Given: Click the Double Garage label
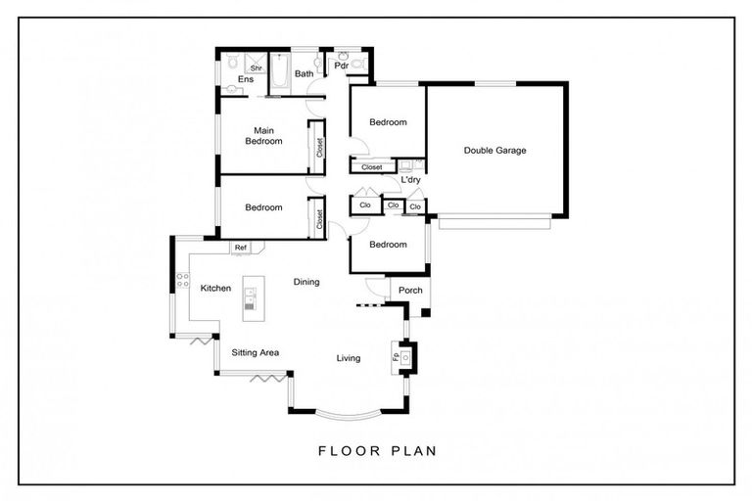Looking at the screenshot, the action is pos(494,151).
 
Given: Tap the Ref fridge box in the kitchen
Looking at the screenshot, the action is pos(241,248).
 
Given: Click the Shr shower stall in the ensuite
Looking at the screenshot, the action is pos(257,64).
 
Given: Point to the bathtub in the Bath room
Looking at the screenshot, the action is pos(280,73).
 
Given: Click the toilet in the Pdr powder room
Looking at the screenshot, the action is pos(357,63).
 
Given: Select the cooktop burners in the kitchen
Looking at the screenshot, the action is pos(182,280).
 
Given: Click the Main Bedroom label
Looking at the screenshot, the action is pos(263,136).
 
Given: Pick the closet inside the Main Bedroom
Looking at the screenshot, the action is pos(317,147).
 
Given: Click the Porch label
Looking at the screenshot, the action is pos(410,290).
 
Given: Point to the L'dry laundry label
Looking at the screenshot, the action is pos(410,180).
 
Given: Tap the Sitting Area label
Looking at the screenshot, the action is pos(256,352).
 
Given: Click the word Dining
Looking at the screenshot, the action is pos(306,282).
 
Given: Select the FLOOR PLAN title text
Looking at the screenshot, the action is pos(378,451).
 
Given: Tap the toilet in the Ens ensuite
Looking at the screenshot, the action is pos(232,62).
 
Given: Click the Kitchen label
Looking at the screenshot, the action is pos(215,288).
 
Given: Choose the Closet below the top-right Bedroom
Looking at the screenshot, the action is pos(373,167).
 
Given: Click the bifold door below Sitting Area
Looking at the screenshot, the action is pos(268,379).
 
